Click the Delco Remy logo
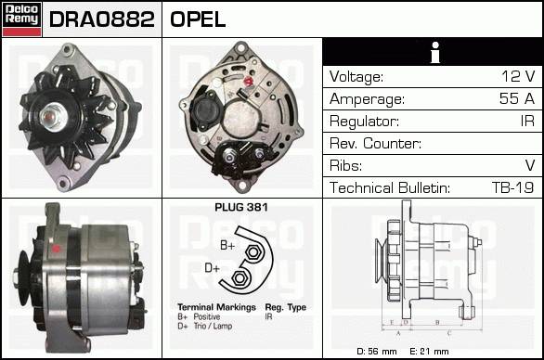pyautogui.click(x=21, y=19)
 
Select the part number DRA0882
pyautogui.click(x=102, y=19)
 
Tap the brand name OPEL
pyautogui.click(x=198, y=19)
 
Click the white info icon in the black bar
pyautogui.click(x=434, y=52)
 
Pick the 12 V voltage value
pyautogui.click(x=518, y=76)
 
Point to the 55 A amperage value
pyautogui.click(x=517, y=98)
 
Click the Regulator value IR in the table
pyautogui.click(x=527, y=121)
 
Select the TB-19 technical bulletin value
pyautogui.click(x=512, y=187)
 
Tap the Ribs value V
pyautogui.click(x=530, y=165)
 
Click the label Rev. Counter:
pyautogui.click(x=375, y=143)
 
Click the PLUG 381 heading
pyautogui.click(x=241, y=208)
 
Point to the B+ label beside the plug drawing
pyautogui.click(x=227, y=245)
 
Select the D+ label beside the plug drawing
pyautogui.click(x=212, y=268)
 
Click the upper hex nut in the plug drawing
pyautogui.click(x=253, y=252)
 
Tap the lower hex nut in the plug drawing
pyautogui.click(x=239, y=277)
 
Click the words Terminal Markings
pyautogui.click(x=216, y=307)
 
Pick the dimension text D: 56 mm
pyautogui.click(x=377, y=352)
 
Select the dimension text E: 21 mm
pyautogui.click(x=429, y=352)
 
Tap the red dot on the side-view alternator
pyautogui.click(x=56, y=249)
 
